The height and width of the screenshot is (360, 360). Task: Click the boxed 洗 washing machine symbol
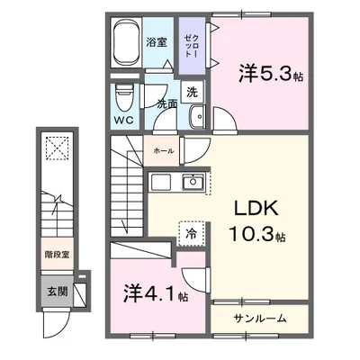pos(193,91)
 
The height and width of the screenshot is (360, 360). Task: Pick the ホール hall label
pos(163,151)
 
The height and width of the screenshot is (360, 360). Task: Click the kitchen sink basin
pos(193,183)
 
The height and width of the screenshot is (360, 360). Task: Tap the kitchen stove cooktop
pos(160,183)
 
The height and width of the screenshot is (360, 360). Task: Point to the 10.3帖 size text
pos(256,236)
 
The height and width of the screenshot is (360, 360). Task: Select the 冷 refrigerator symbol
pos(190,233)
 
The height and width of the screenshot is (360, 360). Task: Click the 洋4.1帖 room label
pos(155,293)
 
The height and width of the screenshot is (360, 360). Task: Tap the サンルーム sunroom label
pos(261,319)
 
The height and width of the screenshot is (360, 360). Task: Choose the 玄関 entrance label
pos(57,292)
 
